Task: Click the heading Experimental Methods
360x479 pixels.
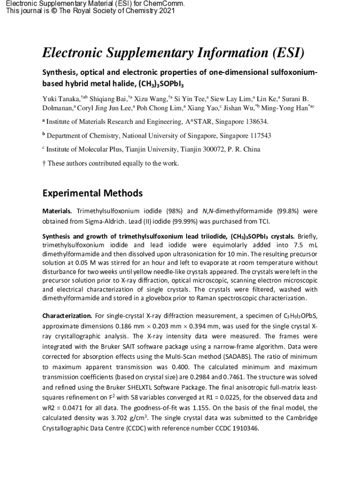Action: (92, 193)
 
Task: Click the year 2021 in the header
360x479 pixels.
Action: (165, 11)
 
